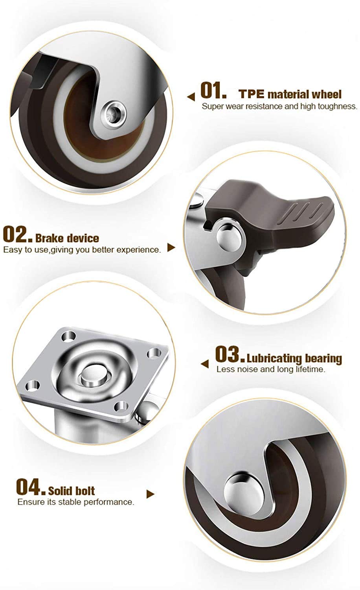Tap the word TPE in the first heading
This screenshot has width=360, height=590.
(252, 94)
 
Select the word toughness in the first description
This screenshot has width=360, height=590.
(337, 106)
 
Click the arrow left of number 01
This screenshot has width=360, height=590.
(191, 97)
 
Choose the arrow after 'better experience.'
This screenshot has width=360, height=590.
(171, 247)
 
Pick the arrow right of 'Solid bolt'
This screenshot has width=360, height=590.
(151, 494)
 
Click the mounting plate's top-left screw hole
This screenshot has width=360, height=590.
(69, 337)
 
